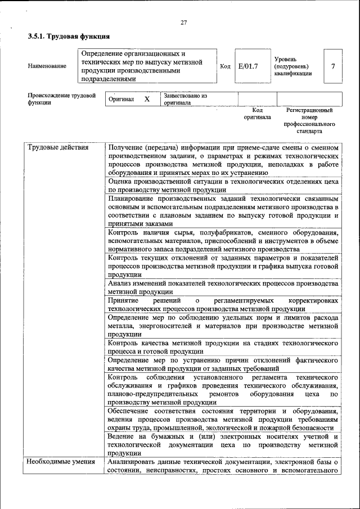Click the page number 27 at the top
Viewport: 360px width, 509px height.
(183, 22)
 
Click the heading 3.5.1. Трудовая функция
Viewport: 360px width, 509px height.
(69, 37)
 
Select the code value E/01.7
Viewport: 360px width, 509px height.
(248, 66)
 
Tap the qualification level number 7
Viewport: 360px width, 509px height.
(333, 66)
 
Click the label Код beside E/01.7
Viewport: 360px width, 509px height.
(225, 66)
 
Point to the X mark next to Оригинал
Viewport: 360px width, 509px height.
(147, 99)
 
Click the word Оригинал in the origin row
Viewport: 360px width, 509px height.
(121, 100)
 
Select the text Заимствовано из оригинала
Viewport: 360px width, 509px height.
(185, 100)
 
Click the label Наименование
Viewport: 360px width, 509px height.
(47, 66)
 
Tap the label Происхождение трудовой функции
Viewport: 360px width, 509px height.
(61, 100)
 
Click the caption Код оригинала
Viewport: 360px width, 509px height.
(257, 114)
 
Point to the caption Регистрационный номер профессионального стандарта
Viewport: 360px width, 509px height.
(309, 120)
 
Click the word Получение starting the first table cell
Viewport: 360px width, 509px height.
(127, 148)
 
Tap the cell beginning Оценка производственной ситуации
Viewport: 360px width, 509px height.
(223, 186)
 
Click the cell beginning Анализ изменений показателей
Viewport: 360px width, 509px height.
(223, 288)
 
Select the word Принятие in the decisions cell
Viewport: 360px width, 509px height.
(123, 301)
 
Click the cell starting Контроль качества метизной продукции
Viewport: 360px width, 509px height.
(223, 346)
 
